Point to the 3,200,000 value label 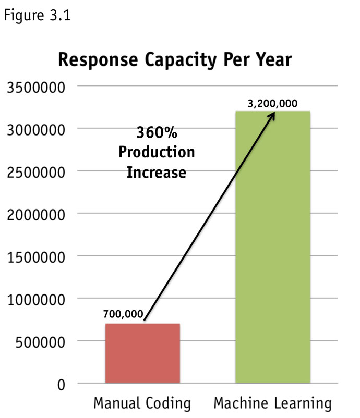(x=272, y=103)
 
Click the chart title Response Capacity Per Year (x=175, y=60)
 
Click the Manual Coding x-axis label (x=142, y=403)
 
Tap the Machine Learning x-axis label (x=273, y=403)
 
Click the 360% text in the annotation (x=157, y=132)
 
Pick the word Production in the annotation (x=157, y=152)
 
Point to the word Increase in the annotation (x=157, y=172)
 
